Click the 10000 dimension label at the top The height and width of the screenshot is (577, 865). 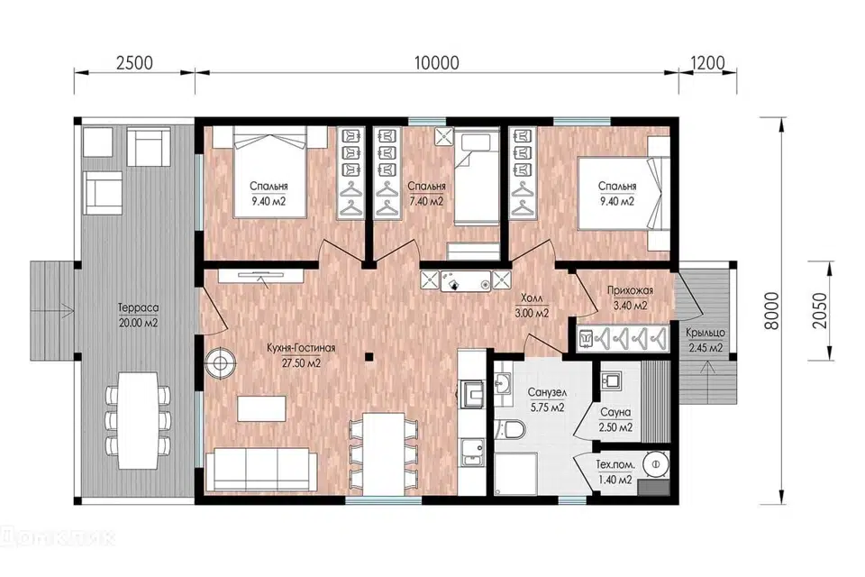click(436, 63)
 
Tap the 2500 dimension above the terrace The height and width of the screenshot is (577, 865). click(134, 63)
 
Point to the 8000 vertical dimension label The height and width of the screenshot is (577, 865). click(772, 311)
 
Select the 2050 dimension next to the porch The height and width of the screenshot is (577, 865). click(820, 311)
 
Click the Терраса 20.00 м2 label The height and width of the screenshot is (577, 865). click(138, 316)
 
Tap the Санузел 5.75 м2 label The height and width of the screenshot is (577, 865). click(547, 400)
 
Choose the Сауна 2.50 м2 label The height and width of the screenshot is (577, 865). click(615, 420)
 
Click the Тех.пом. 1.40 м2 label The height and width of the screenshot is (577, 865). click(615, 472)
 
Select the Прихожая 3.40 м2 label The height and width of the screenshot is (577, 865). click(630, 298)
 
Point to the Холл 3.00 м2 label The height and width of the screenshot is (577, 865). click(532, 306)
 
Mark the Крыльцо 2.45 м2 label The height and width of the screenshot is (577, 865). click(705, 341)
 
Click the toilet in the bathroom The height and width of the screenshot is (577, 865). click(511, 428)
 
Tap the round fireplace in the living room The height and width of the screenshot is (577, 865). click(221, 362)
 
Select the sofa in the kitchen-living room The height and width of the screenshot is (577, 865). click(260, 470)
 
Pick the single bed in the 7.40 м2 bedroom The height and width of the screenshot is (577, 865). click(477, 178)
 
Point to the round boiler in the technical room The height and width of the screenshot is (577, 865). click(656, 464)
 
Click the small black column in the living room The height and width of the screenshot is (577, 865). click(370, 356)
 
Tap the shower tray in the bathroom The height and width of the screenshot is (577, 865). click(515, 473)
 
